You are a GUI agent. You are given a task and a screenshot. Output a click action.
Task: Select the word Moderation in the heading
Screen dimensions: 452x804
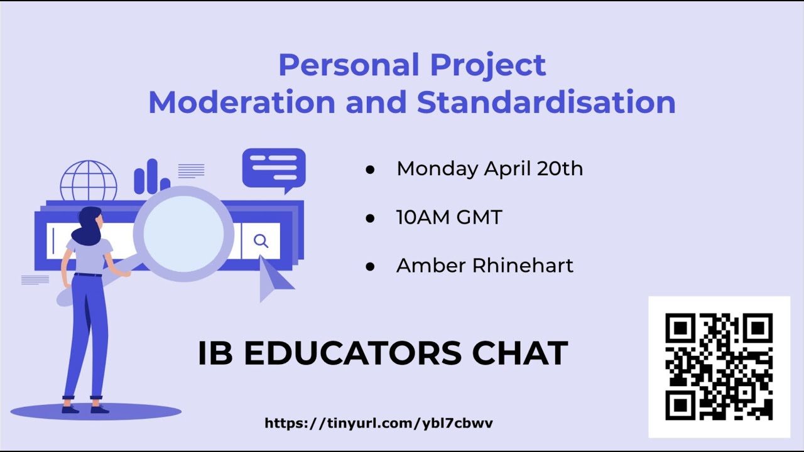click(x=242, y=102)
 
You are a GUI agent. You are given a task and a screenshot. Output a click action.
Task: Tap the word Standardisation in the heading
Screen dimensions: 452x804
click(x=546, y=102)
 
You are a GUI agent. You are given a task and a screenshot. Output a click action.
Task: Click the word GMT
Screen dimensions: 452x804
click(x=479, y=217)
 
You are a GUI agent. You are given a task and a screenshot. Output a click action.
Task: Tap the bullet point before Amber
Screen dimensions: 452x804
click(x=370, y=267)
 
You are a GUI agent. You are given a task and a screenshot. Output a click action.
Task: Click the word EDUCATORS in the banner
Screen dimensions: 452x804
click(x=352, y=353)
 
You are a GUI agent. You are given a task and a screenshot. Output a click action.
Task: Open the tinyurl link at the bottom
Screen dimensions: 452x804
click(x=379, y=423)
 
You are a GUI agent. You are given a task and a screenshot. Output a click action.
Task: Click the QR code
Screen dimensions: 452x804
click(x=719, y=367)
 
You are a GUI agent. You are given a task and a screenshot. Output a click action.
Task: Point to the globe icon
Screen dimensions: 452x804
click(x=89, y=180)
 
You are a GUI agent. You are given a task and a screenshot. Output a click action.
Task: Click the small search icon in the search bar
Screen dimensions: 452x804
click(x=261, y=241)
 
